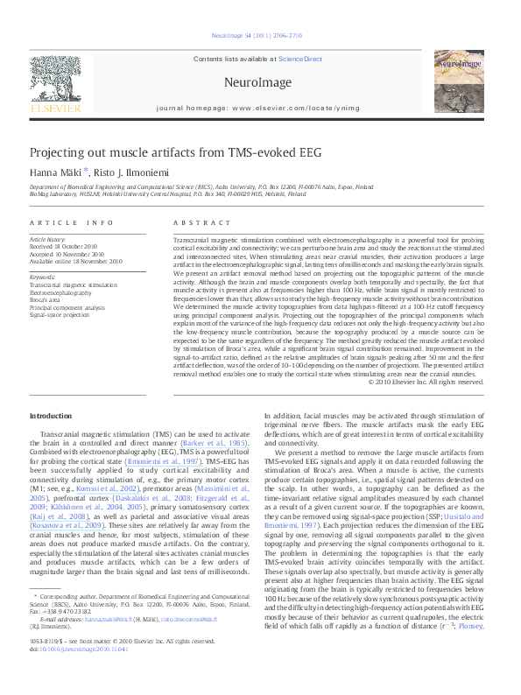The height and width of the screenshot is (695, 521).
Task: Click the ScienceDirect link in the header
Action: [x=300, y=60]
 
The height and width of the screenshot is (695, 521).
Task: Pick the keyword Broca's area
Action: [x=48, y=299]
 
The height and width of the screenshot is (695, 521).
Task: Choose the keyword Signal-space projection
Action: [x=60, y=313]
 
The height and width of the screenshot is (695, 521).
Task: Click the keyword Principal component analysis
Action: [x=67, y=306]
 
